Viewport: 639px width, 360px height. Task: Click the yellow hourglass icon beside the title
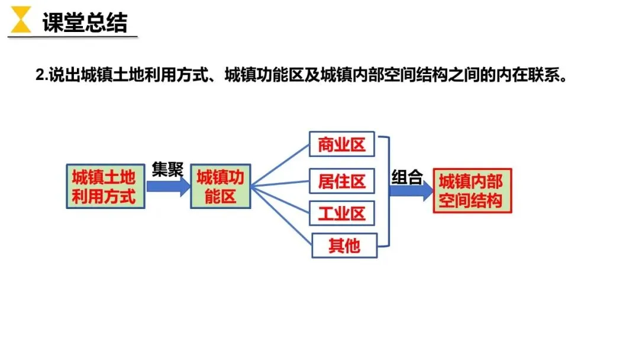point(21,20)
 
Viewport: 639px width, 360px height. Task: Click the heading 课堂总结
point(84,22)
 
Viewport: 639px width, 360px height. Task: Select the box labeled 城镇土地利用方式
point(104,186)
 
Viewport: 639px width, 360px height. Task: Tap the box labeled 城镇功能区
point(220,186)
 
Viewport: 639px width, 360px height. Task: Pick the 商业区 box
point(342,144)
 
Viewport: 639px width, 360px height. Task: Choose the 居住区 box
point(342,181)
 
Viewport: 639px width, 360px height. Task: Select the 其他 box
point(344,245)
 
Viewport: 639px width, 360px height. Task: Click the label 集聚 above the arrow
point(167,170)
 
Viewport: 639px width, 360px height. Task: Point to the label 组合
point(407,177)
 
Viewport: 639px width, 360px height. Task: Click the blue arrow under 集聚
point(167,186)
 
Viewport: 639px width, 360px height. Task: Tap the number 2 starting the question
point(40,76)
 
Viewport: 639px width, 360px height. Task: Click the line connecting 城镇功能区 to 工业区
point(280,198)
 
